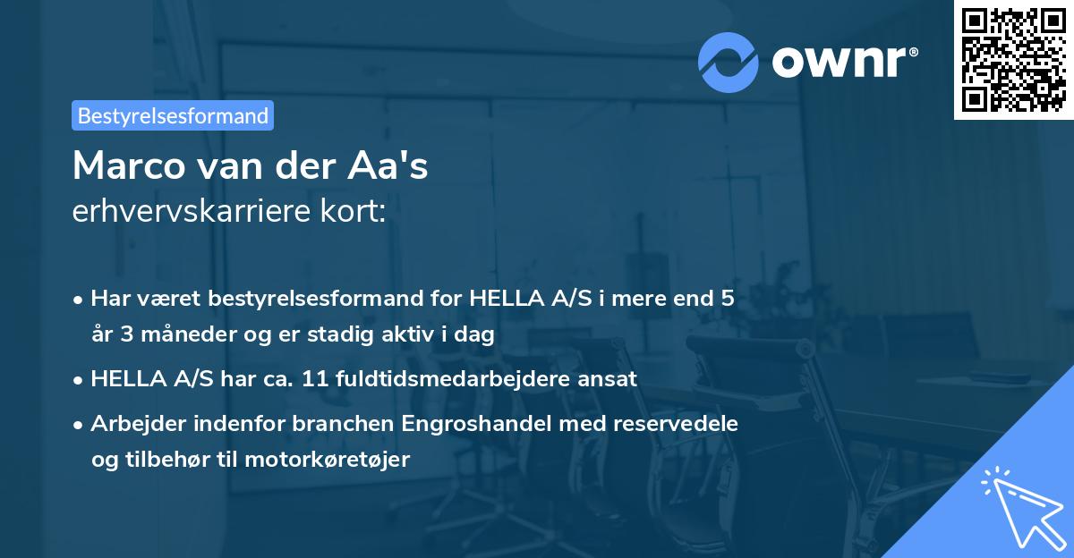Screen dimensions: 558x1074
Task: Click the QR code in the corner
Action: click(x=1014, y=59)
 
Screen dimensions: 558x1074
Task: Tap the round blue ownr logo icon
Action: click(x=729, y=62)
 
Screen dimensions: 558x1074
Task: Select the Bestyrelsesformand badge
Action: click(x=173, y=115)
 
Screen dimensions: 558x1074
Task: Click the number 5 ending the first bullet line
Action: click(x=728, y=299)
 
